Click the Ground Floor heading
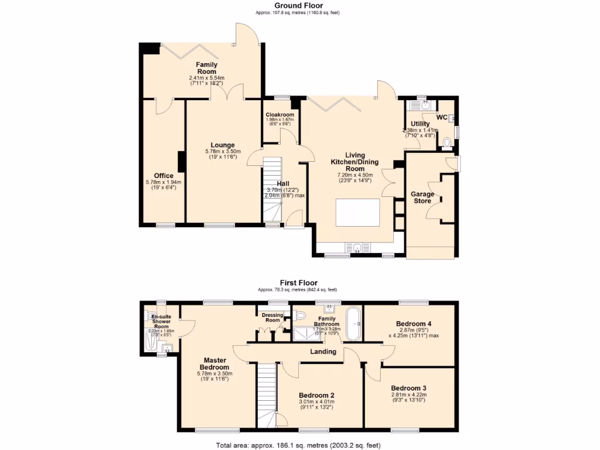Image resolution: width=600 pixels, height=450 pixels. (298, 6)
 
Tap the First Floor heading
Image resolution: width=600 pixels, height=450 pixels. (298, 283)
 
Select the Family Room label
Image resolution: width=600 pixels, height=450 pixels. (206, 68)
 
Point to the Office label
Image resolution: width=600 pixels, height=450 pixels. (163, 176)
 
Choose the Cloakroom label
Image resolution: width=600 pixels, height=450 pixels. (279, 115)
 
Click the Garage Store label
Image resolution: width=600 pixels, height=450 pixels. (422, 197)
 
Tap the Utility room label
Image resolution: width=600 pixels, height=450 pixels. (420, 124)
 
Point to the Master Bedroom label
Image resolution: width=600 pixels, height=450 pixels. (215, 364)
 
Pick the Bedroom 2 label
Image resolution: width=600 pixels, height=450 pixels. (316, 396)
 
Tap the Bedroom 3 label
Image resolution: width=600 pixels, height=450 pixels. (408, 388)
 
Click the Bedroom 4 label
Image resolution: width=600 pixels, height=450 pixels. (413, 324)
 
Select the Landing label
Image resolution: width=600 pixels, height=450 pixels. (323, 352)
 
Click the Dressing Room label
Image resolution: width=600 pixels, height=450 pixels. (272, 318)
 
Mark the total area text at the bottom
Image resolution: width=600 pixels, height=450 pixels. (298, 444)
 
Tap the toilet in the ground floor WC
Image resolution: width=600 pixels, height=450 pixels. (448, 142)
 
